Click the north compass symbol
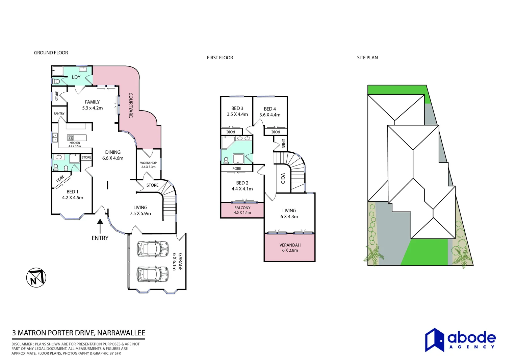[x=36, y=278]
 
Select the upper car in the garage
[x=152, y=249]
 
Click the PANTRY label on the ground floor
[x=59, y=114]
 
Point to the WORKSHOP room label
[x=148, y=163]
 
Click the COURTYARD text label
[x=131, y=105]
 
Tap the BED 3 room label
[x=237, y=108]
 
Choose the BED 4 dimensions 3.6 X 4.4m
[x=270, y=115]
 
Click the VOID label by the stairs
[x=283, y=178]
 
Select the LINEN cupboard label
[x=283, y=144]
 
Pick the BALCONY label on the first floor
[x=242, y=208]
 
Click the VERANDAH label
[x=290, y=245]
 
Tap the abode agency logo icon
[x=434, y=340]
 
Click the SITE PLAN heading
[x=367, y=58]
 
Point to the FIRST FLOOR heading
[x=220, y=58]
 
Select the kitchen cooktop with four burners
[x=71, y=138]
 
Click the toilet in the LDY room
[x=56, y=81]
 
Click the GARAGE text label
[x=180, y=262]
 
